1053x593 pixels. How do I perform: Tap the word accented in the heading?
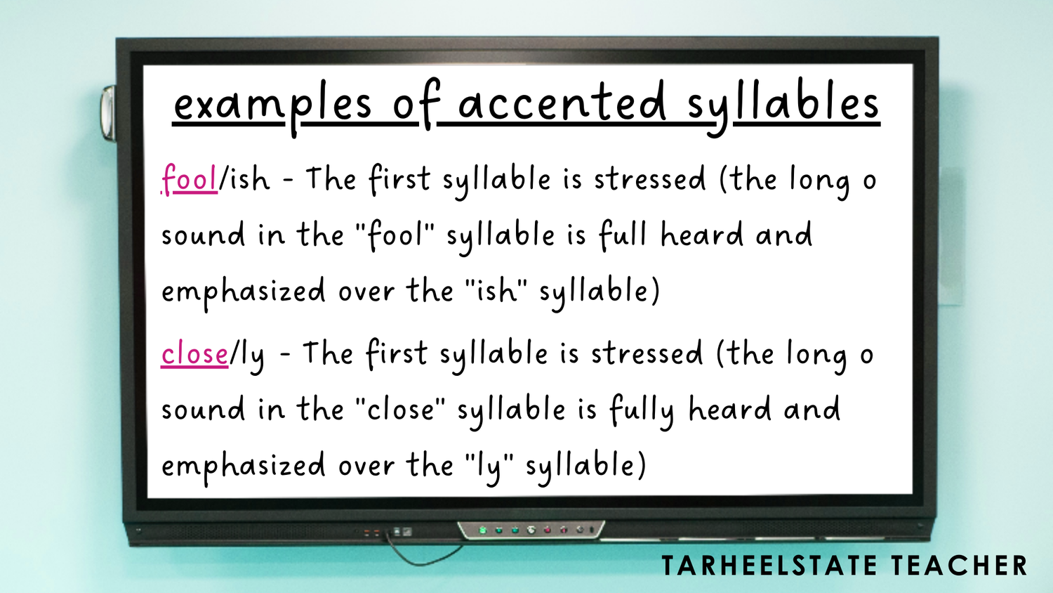click(562, 104)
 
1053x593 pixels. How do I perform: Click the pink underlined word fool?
click(190, 179)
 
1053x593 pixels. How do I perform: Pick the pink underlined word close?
click(194, 353)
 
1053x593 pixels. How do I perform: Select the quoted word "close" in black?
click(401, 409)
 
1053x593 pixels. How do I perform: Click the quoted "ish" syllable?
click(496, 290)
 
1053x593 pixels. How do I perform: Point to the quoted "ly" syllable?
click(489, 466)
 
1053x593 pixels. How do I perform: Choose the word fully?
click(641, 410)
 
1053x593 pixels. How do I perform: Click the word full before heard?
click(623, 235)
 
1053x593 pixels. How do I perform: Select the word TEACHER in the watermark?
click(960, 566)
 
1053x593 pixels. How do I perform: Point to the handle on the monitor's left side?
click(109, 112)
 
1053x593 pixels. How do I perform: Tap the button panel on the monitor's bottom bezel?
click(531, 530)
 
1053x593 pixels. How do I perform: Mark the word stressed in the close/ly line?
click(647, 353)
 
